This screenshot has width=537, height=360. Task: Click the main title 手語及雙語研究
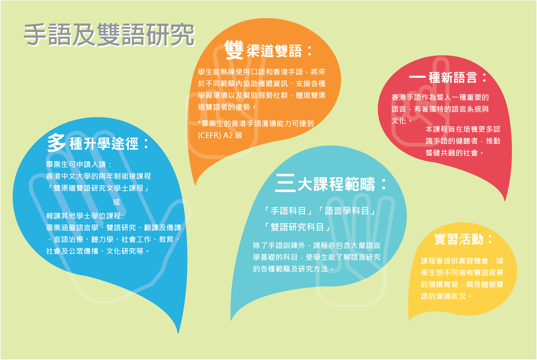109,35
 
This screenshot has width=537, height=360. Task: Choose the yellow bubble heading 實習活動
463,239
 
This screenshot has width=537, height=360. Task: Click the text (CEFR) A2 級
220,135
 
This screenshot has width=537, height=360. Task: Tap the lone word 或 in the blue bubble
116,202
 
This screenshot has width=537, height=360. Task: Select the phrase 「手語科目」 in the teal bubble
288,211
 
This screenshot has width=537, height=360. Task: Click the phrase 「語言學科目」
347,211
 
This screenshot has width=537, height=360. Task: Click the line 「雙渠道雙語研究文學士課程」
98,188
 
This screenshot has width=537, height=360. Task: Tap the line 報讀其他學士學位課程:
84,216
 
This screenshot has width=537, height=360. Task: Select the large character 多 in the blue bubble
56,142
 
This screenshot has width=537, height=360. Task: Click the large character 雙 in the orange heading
234,50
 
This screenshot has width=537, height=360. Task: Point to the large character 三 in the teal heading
285,183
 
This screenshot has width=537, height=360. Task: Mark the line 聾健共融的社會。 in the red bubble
454,153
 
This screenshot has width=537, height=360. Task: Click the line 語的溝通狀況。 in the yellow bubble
446,296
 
